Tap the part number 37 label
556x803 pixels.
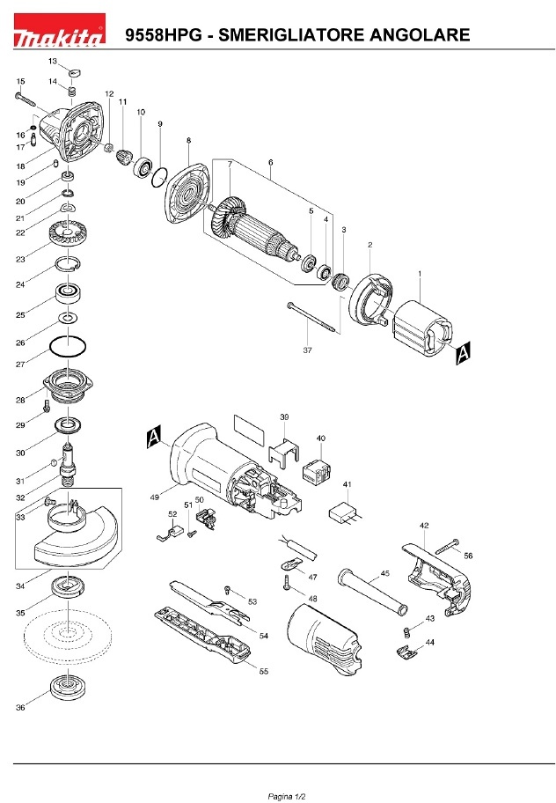307,350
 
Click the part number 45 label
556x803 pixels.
384,573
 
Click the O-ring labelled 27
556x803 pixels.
68,347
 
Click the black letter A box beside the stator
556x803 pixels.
465,352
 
